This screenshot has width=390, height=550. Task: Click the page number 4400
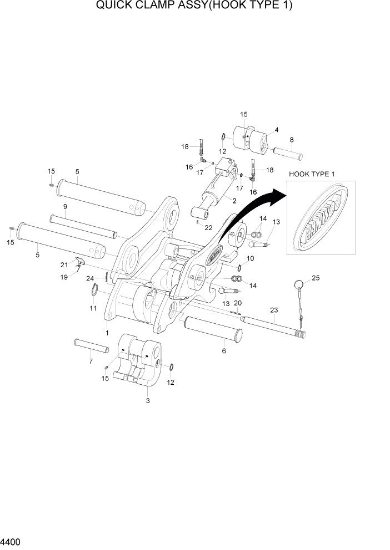click(11, 540)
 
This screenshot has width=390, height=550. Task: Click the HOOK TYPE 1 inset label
click(312, 174)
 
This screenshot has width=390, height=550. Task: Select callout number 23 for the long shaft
click(273, 311)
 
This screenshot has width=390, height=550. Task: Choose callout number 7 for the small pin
click(91, 361)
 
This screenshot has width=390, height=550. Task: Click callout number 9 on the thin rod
click(65, 207)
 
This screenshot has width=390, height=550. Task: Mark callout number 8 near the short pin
click(292, 140)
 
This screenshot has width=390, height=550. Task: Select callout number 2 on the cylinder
click(234, 201)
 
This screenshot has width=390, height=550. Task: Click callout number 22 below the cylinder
click(208, 227)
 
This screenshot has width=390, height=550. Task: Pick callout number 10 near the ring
click(251, 258)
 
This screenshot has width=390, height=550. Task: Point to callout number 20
click(238, 303)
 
